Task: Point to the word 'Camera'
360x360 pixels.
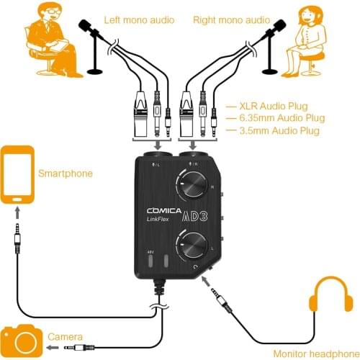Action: click(x=64, y=336)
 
